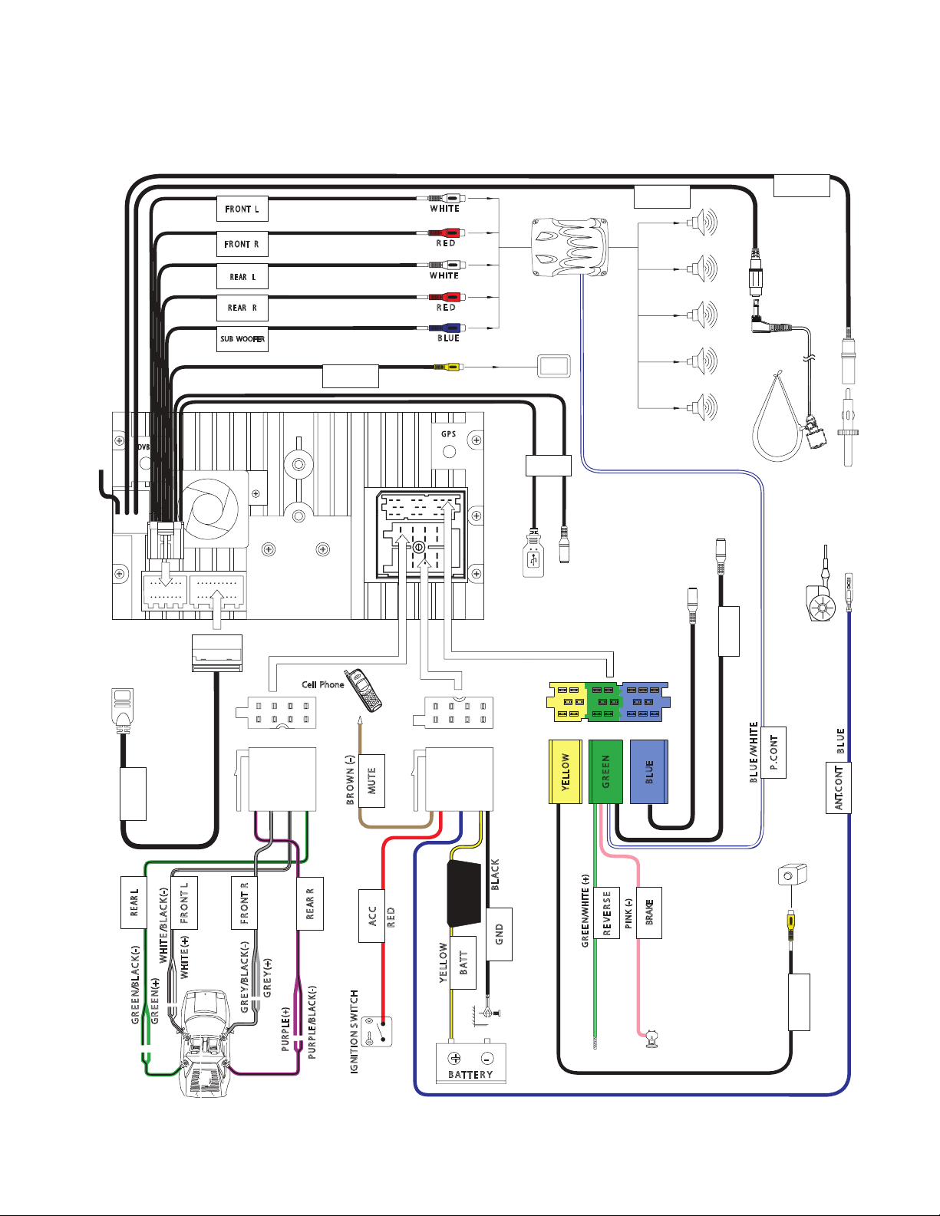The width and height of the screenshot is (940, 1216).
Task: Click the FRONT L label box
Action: coord(242,209)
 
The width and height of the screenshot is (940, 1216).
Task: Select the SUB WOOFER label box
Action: coord(242,339)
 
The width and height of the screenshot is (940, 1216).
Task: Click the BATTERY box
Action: coord(470,1063)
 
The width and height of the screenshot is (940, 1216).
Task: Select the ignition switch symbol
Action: coord(377,1032)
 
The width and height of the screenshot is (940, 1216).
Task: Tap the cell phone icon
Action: coord(363,690)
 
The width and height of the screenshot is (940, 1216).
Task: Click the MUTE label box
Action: coord(372,781)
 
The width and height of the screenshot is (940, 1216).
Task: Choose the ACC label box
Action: coord(371,916)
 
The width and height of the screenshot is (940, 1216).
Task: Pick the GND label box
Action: coord(499,934)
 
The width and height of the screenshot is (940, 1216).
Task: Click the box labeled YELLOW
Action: coord(566,772)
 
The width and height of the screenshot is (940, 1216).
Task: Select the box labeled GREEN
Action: coord(605,772)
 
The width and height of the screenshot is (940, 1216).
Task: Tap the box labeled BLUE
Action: coord(649,772)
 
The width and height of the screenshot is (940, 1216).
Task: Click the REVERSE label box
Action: coord(607,913)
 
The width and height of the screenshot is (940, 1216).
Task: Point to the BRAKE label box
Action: coord(649,913)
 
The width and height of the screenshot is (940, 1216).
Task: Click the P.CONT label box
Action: coord(773,753)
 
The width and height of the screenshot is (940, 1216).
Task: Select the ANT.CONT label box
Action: coord(839,788)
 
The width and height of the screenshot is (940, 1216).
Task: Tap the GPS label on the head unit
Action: coord(449,434)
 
